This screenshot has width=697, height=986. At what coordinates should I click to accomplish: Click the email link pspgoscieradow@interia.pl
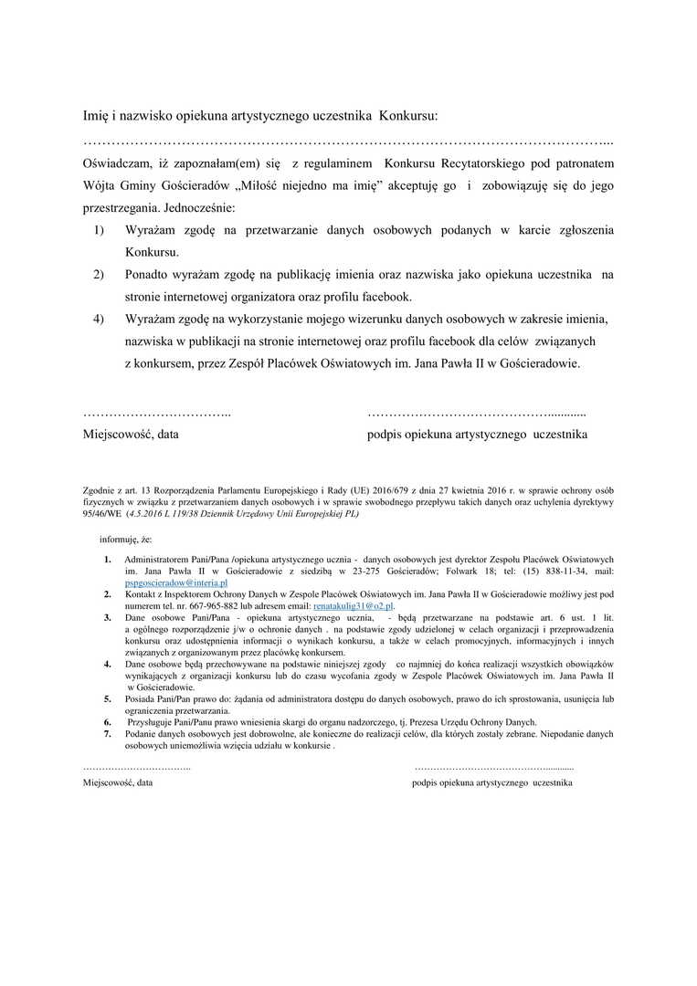(175, 582)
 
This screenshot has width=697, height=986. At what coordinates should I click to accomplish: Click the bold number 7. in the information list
(107, 733)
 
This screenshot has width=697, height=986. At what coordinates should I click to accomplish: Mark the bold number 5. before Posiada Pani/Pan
(107, 698)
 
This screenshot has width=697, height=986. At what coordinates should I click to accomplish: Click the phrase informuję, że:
(126, 540)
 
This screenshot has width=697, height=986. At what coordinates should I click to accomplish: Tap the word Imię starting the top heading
(97, 116)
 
